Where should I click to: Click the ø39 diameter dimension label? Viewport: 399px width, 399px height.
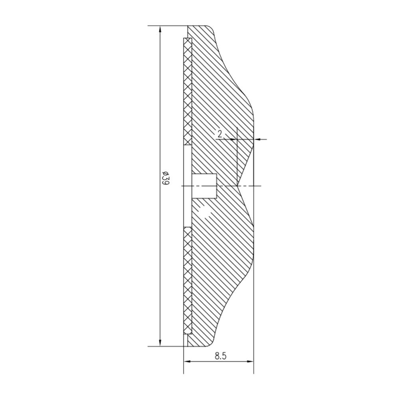[166, 178]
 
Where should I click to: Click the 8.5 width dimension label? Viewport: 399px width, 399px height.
[220, 356]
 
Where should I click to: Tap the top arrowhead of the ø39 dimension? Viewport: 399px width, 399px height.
[160, 30]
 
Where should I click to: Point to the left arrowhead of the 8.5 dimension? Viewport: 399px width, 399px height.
[187, 361]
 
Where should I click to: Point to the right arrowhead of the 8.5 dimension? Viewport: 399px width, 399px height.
[250, 361]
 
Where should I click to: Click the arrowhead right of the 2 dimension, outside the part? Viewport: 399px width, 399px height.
[258, 139]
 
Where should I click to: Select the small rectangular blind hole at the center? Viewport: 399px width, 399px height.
[204, 186]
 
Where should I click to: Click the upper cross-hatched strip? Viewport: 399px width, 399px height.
[188, 92]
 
